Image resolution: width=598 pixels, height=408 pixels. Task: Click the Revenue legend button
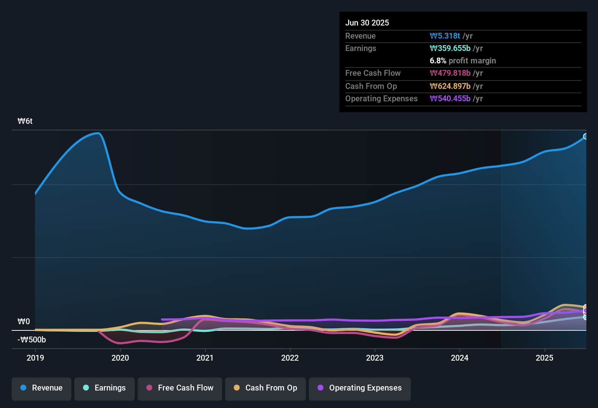pos(42,388)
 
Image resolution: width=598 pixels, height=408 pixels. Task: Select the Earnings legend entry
pos(105,388)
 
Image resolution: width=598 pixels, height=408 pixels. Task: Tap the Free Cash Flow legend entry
pos(180,388)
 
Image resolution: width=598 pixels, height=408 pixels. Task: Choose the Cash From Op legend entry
pos(265,388)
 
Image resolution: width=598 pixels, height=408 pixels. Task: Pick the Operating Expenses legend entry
pos(360,388)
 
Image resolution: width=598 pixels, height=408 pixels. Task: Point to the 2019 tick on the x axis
pos(35,358)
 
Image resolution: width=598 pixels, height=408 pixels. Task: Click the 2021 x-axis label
pos(205,358)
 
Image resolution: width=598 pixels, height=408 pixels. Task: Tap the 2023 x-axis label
pos(375,358)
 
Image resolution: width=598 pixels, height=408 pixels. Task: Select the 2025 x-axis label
pos(544,358)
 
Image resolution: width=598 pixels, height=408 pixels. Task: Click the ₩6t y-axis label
pos(25,121)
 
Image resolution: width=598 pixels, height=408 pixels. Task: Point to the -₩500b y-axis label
pos(32,340)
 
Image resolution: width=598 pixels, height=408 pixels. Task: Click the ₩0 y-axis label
pos(24,322)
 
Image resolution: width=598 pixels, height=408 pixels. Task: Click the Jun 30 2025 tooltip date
pos(367,23)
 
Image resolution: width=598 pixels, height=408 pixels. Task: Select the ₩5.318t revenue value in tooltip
pos(445,36)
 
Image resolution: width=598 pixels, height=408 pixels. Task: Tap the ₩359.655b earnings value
pos(450,48)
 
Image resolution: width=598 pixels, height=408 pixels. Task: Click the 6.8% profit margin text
pos(463,61)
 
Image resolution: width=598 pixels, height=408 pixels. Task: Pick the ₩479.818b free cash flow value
pos(450,73)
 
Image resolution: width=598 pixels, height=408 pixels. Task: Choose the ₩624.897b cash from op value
pos(450,86)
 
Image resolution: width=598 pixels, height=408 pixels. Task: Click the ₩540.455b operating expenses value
pos(450,99)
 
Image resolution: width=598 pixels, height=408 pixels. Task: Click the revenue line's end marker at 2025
pos(586,136)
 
